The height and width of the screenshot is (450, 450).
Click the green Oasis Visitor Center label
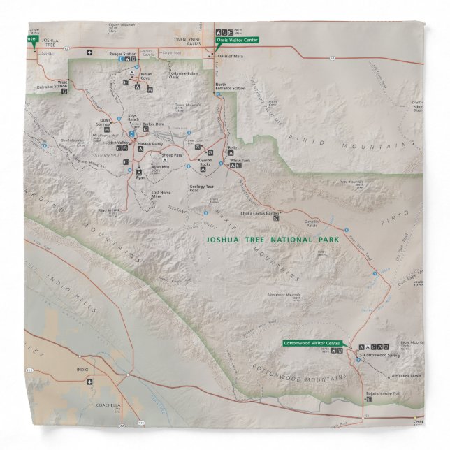coord(238,40)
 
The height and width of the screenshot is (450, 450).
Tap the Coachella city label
coord(89,405)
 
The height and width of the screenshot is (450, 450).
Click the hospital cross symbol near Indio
coord(88,382)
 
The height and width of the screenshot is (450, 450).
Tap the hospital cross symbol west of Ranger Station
coord(89,52)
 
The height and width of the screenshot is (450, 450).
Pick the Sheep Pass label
coord(171,154)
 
